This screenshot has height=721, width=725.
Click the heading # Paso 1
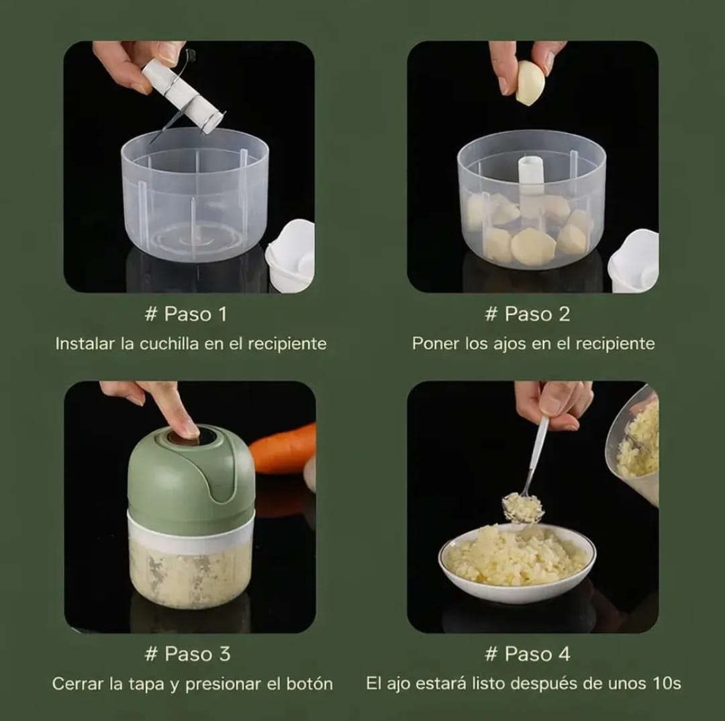186,314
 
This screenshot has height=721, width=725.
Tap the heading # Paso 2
528,314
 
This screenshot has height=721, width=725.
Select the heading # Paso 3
187,654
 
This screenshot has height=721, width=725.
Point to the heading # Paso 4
528,654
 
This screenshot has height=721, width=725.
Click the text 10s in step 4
667,683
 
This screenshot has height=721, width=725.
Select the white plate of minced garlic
517,563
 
